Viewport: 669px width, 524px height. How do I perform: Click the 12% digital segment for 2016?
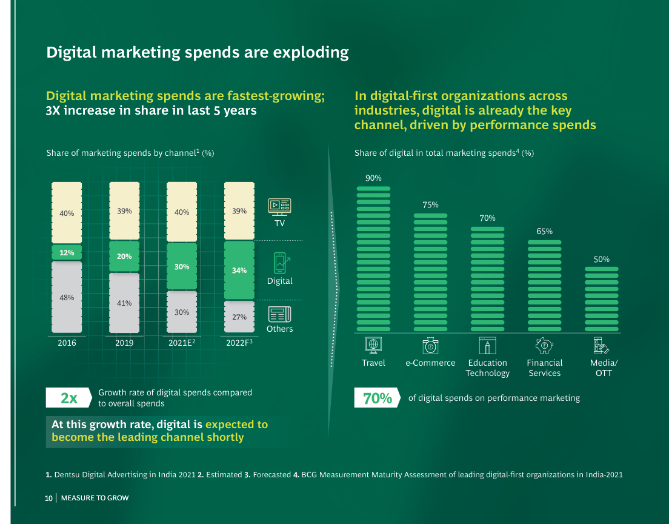pos(67,252)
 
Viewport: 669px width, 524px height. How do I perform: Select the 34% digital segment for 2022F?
pos(239,270)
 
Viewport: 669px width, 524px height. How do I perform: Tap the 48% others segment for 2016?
pos(67,297)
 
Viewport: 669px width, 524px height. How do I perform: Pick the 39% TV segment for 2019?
pos(124,210)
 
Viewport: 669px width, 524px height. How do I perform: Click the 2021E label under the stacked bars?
pos(181,343)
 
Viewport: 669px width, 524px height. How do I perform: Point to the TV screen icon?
pos(279,206)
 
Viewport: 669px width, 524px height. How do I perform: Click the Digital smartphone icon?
pos(280,263)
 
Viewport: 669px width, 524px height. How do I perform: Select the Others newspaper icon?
pos(279,314)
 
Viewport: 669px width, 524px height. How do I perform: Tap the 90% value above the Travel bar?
pos(373,178)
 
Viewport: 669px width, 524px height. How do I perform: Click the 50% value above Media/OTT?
pos(601,259)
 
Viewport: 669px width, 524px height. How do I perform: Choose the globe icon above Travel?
pos(373,344)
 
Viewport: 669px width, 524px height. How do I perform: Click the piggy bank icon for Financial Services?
pos(544,346)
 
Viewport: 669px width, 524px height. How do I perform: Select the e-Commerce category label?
pos(430,363)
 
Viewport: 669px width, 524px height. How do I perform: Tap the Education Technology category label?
pos(487,368)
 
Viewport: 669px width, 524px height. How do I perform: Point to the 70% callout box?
pos(377,398)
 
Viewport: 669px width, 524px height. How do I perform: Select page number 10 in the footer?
pos(49,498)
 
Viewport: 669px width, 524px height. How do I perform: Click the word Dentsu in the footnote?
pos(67,474)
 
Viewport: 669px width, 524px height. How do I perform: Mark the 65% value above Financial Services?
pos(544,231)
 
